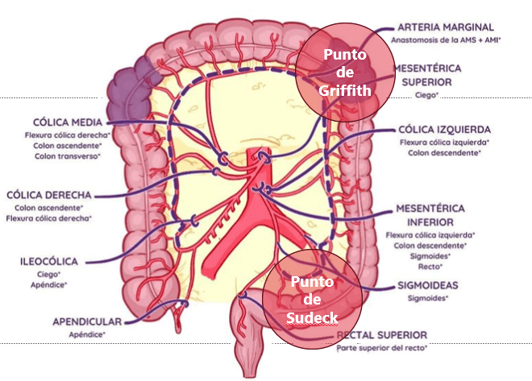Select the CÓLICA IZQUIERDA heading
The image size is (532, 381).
coord(444,130)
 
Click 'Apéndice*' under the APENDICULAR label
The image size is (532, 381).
coord(87,333)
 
